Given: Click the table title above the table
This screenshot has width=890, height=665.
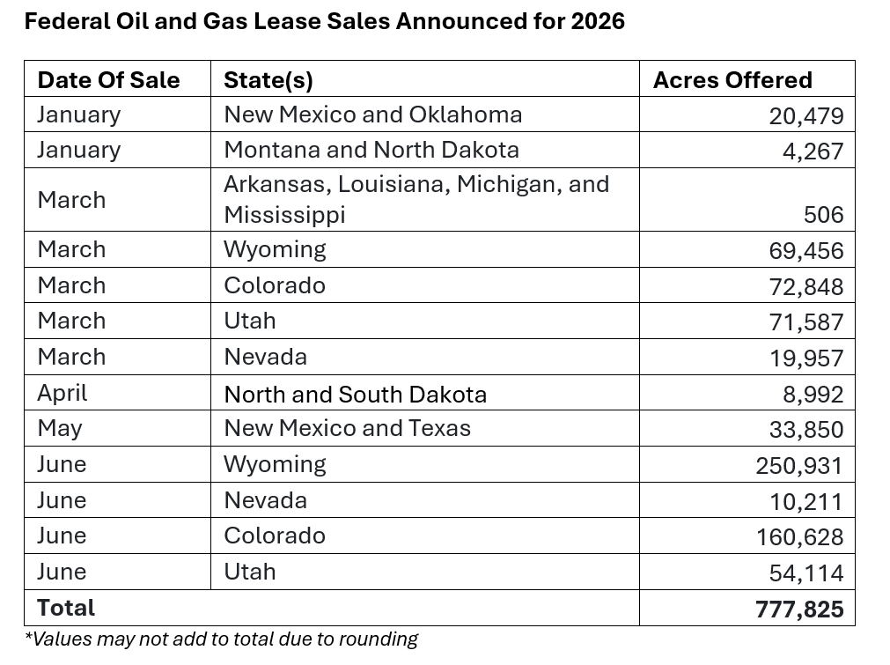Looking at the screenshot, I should (x=324, y=21).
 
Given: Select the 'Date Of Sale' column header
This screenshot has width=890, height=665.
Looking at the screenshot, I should (x=108, y=80).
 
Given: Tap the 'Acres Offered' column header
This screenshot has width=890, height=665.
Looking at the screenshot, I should (x=732, y=80).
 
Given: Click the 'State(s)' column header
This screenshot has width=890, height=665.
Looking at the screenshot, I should (x=268, y=80).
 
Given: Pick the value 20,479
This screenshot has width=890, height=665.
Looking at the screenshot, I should (x=805, y=116).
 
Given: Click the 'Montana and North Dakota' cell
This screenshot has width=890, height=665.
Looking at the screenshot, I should (x=371, y=150).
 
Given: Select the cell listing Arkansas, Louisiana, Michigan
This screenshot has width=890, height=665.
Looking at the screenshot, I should (x=416, y=199).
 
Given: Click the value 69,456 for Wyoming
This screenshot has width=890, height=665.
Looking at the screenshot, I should (x=805, y=251).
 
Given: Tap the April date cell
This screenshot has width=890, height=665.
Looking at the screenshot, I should (x=63, y=394).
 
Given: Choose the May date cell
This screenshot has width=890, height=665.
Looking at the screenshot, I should (x=59, y=429).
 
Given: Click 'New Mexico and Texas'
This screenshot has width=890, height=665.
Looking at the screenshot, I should (x=347, y=428).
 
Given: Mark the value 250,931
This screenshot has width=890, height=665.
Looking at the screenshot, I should (x=799, y=466).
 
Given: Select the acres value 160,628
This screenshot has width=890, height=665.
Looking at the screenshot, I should (x=799, y=537).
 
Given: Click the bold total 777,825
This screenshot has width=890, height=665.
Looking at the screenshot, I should (x=799, y=610).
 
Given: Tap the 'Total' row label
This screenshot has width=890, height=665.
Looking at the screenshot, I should (x=66, y=608).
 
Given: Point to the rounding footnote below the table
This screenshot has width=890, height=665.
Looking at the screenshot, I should (x=221, y=639).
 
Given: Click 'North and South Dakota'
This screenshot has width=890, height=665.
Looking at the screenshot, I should (x=355, y=394).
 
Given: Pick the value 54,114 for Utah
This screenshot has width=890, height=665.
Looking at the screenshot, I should (x=805, y=573).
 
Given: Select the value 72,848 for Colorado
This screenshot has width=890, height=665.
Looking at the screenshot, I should (x=805, y=287).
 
